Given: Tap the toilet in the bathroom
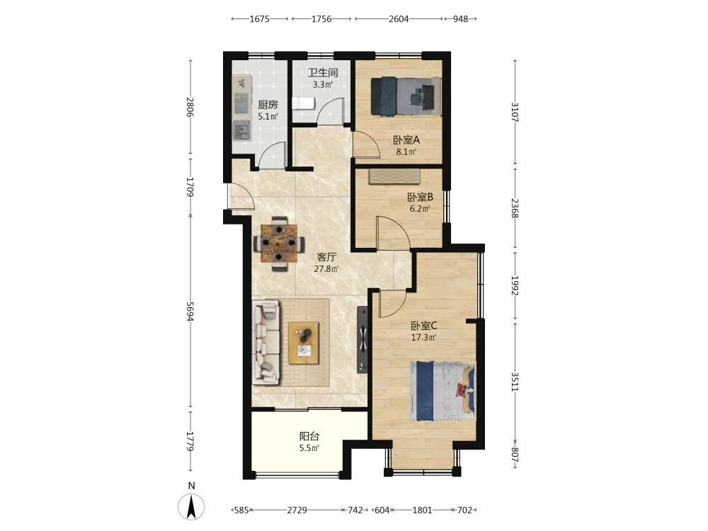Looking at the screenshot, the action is pos(303,103).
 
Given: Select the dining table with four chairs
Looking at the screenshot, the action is pos(279,244).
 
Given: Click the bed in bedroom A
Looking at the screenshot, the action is pos(406,96).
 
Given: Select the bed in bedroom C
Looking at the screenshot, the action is pos(442,391).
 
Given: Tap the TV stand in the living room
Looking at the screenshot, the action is pos(362,340).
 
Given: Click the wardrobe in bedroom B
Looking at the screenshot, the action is pos(395,176).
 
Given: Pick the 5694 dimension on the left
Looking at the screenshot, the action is pos(190,312).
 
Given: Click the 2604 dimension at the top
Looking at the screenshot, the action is pos(399,19).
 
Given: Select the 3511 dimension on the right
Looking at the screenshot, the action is pos(515,382).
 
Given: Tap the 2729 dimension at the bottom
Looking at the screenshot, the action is pos(297,510).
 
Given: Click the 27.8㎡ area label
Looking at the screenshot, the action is pos(326,269).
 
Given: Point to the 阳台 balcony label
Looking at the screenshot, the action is pos(309,437).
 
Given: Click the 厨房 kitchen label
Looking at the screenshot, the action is pos(268,105).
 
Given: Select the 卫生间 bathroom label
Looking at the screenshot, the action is pos(323,73).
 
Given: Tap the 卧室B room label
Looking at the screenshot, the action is pos(420,198).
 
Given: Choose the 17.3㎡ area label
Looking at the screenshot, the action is pos(423,337).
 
